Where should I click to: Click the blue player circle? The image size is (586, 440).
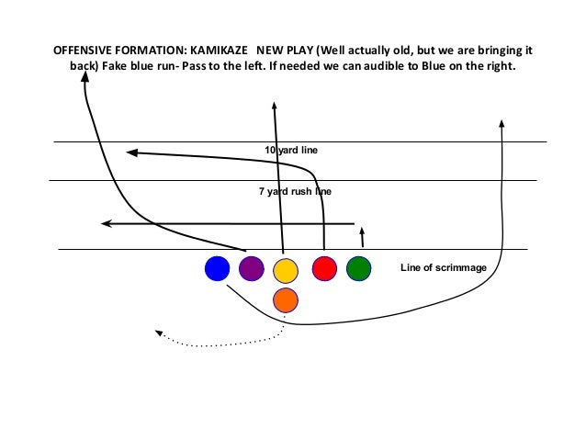(x=217, y=268)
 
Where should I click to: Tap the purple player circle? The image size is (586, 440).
(x=251, y=268)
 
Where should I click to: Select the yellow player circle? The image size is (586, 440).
(x=286, y=270)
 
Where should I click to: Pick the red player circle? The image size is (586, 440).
(x=324, y=268)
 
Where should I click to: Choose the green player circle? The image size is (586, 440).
(x=359, y=268)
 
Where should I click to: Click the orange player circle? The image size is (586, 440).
(x=286, y=299)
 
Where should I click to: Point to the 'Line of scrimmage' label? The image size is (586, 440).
(x=449, y=268)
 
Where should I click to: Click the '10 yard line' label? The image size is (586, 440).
(x=290, y=150)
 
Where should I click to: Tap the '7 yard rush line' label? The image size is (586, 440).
(x=295, y=192)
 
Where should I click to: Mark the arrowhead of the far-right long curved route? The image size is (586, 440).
(x=501, y=123)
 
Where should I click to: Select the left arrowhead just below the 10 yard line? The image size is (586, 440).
(x=131, y=152)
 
